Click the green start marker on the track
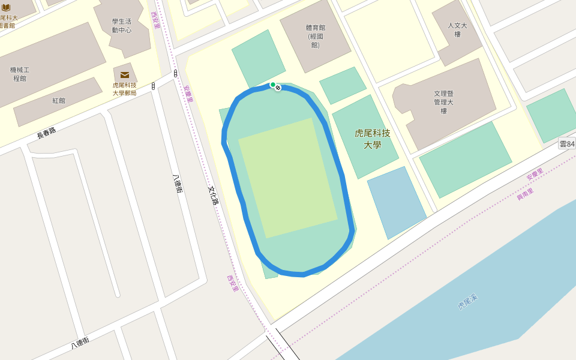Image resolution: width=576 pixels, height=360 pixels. [273, 85]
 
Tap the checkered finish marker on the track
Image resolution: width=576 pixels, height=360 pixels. [278, 88]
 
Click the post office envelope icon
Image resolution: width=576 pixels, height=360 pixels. [125, 75]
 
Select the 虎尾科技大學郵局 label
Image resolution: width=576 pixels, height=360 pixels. [125, 89]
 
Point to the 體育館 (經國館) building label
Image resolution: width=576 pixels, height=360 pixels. [315, 36]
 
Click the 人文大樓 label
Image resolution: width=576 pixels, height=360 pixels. [457, 30]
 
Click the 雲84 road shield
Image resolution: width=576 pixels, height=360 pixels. [566, 143]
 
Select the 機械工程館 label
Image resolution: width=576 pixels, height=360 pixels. [19, 74]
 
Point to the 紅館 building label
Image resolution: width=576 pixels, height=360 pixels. [58, 101]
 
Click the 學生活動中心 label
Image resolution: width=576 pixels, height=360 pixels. [121, 25]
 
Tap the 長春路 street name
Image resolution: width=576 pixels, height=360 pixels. [46, 133]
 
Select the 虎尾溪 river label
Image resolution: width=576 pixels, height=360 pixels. [467, 302]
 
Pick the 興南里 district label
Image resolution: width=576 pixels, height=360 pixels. [525, 194]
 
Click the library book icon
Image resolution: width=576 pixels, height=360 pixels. [6, 7]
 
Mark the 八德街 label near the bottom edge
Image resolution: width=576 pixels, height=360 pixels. [80, 343]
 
